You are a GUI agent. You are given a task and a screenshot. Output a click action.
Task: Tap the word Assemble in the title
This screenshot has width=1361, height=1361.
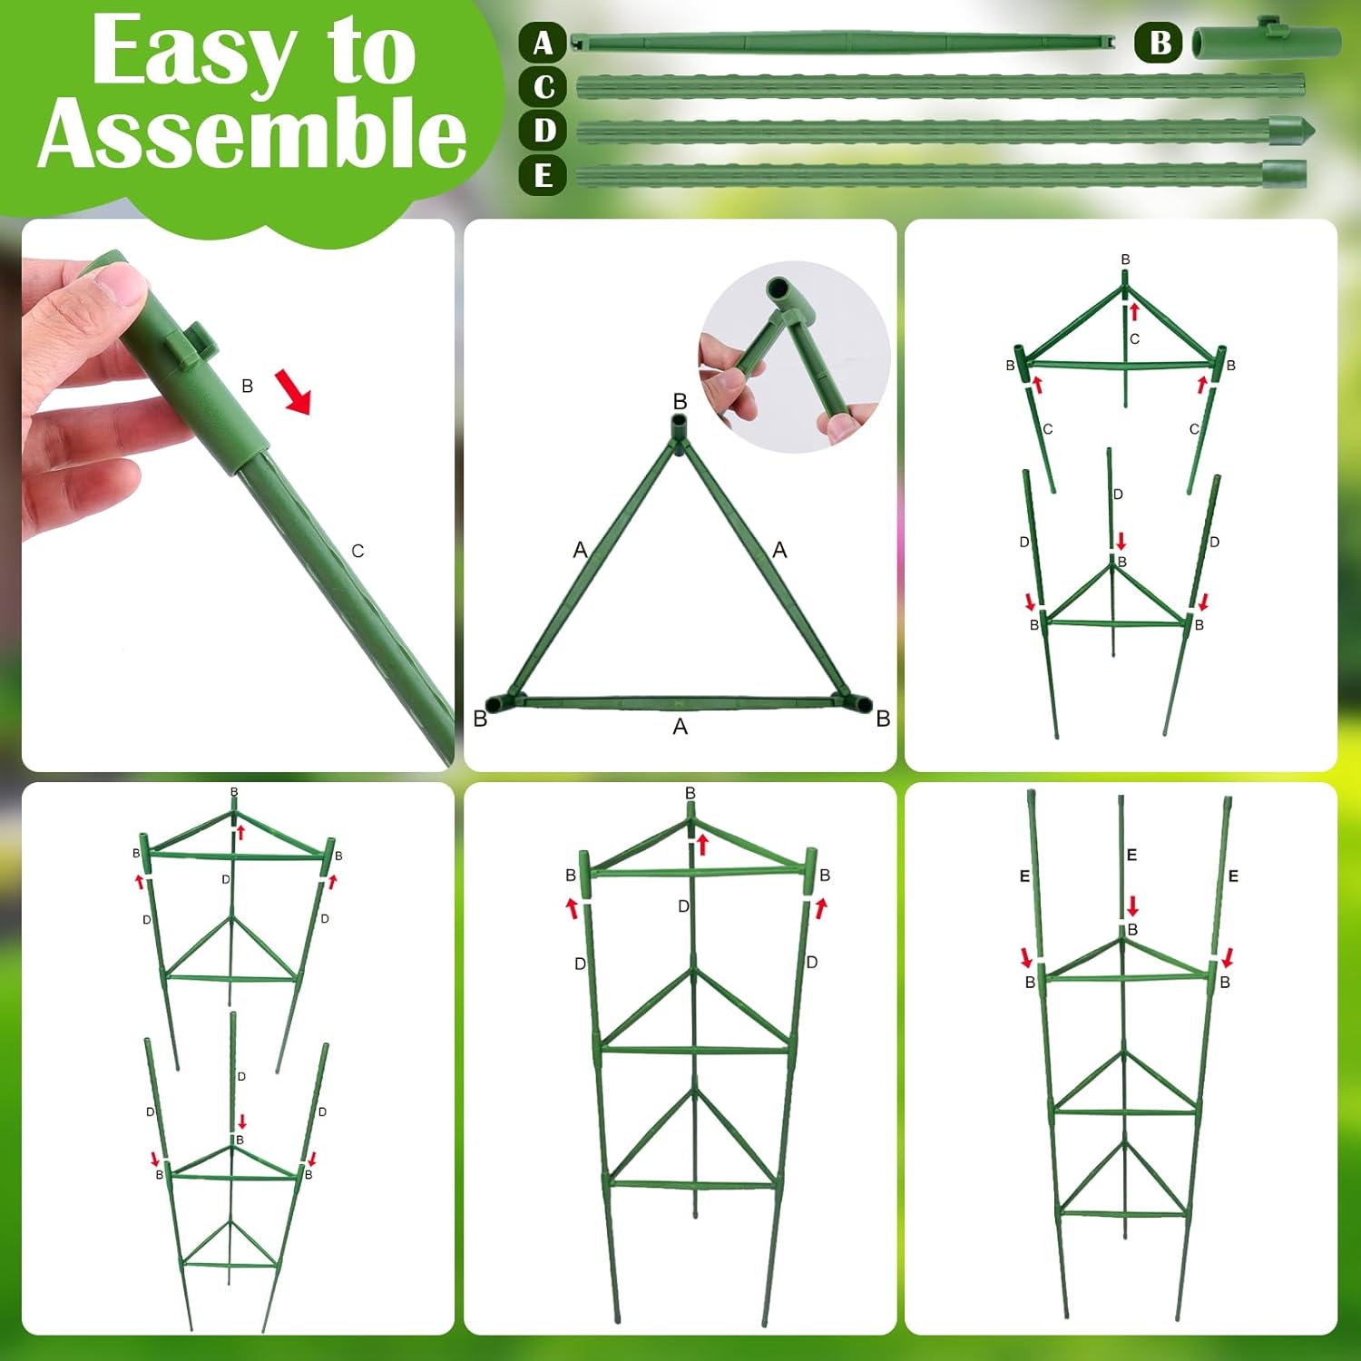[251, 133]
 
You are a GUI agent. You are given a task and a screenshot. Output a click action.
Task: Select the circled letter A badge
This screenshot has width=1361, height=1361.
[543, 43]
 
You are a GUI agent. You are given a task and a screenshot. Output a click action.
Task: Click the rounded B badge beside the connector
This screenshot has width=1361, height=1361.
[1159, 44]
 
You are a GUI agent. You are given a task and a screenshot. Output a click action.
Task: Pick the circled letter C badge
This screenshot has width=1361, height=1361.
[543, 87]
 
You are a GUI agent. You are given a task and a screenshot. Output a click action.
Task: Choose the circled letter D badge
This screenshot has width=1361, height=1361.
[543, 130]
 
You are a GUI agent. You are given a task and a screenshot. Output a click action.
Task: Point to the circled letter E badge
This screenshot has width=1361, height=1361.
[543, 174]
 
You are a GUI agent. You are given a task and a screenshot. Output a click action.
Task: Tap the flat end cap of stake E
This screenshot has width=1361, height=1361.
[1285, 172]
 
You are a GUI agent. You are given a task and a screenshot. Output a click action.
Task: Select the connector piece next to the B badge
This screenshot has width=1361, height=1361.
[1267, 41]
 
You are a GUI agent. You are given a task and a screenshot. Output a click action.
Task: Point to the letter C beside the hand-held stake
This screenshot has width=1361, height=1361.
[357, 551]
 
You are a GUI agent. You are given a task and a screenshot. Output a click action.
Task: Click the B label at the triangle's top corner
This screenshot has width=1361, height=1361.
[680, 401]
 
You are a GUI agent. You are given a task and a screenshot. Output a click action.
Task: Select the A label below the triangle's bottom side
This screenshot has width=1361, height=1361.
[680, 727]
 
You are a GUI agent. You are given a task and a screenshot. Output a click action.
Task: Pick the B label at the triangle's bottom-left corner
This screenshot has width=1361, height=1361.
[480, 719]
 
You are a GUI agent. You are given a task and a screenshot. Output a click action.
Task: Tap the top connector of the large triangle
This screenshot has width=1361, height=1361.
[680, 431]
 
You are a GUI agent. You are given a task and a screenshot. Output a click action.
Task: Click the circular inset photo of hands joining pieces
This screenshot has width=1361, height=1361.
[795, 357]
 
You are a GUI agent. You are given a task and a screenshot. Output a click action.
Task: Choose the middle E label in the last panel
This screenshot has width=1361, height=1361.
[1131, 855]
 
